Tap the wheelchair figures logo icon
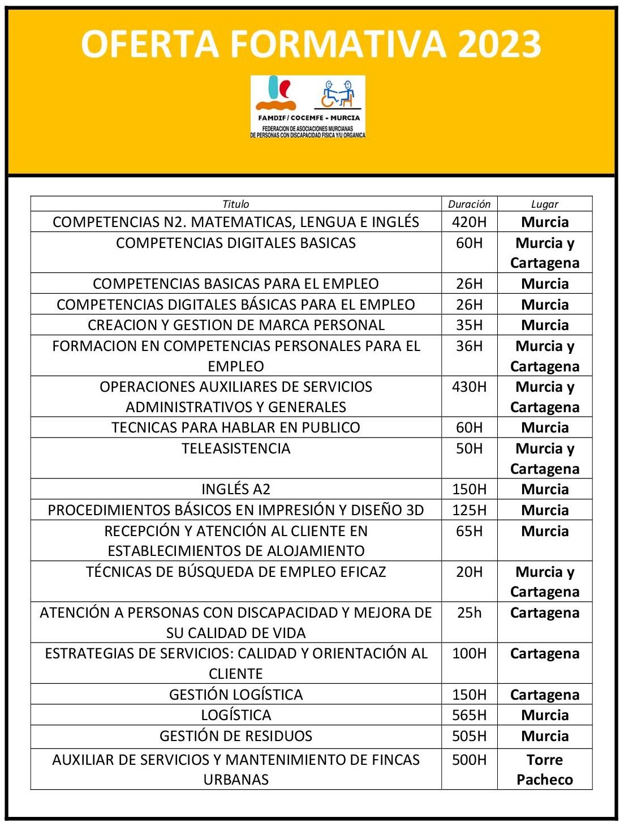(338, 93)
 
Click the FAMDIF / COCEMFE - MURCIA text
(308, 118)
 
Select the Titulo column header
(235, 204)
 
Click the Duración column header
(469, 204)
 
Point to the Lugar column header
(544, 204)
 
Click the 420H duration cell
(469, 222)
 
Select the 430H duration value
(469, 387)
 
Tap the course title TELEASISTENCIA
(236, 448)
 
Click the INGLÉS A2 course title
(236, 489)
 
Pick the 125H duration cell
(469, 510)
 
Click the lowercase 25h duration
(469, 613)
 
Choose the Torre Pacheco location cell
(545, 769)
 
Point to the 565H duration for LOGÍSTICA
(469, 715)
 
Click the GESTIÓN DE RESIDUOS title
(236, 736)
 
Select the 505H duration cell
(469, 736)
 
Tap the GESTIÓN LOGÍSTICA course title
(236, 695)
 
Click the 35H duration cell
(469, 325)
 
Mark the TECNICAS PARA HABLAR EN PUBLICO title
(236, 427)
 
